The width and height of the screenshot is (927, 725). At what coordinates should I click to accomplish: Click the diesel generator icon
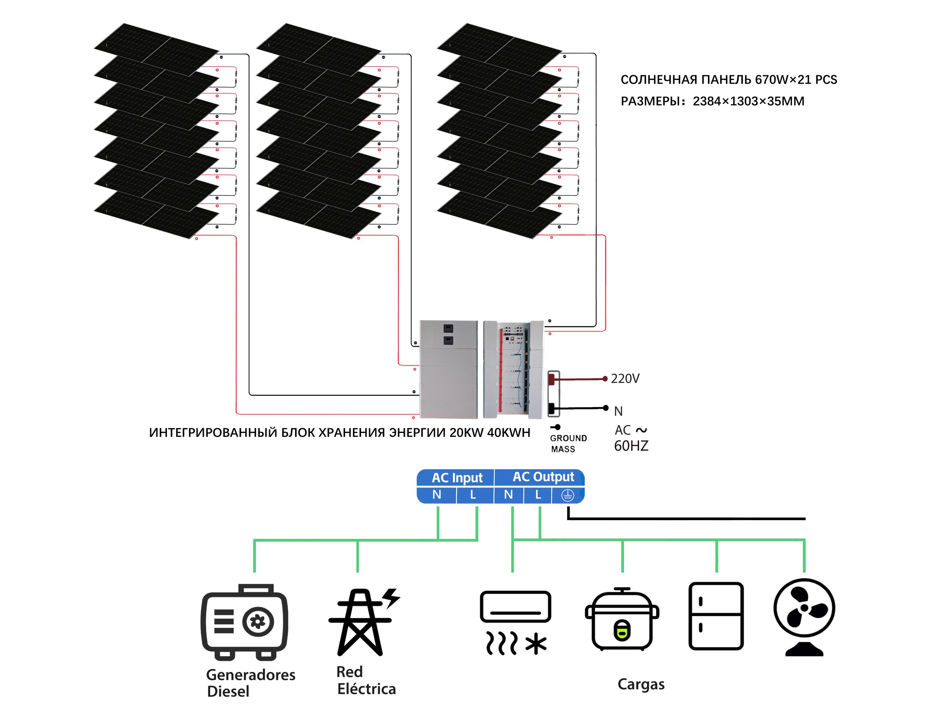pyautogui.click(x=244, y=622)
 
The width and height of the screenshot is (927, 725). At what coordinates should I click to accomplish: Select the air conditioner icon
pyautogui.click(x=515, y=622)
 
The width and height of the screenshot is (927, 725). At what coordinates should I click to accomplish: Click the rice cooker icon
pyautogui.click(x=622, y=619)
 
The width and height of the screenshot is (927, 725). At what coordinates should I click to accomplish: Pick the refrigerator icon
pyautogui.click(x=716, y=616)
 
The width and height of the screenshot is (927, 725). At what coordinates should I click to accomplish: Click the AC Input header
pyautogui.click(x=457, y=477)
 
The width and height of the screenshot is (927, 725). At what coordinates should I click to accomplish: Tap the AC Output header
pyautogui.click(x=543, y=477)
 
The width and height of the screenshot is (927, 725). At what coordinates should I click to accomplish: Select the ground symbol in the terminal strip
pyautogui.click(x=567, y=495)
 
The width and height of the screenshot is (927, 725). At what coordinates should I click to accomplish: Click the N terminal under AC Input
pyautogui.click(x=437, y=494)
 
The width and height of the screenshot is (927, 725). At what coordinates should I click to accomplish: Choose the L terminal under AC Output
pyautogui.click(x=538, y=494)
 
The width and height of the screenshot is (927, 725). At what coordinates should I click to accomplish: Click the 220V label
pyautogui.click(x=625, y=378)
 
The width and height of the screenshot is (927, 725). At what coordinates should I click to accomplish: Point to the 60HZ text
pyautogui.click(x=631, y=446)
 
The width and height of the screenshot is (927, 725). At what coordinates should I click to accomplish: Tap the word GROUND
pyautogui.click(x=568, y=438)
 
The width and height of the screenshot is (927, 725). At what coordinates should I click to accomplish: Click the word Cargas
pyautogui.click(x=641, y=684)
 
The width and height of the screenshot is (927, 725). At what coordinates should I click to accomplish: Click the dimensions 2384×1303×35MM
pyautogui.click(x=748, y=101)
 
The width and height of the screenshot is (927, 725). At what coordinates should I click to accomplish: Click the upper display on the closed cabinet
pyautogui.click(x=448, y=328)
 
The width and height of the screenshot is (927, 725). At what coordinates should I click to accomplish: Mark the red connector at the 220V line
pyautogui.click(x=551, y=378)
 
